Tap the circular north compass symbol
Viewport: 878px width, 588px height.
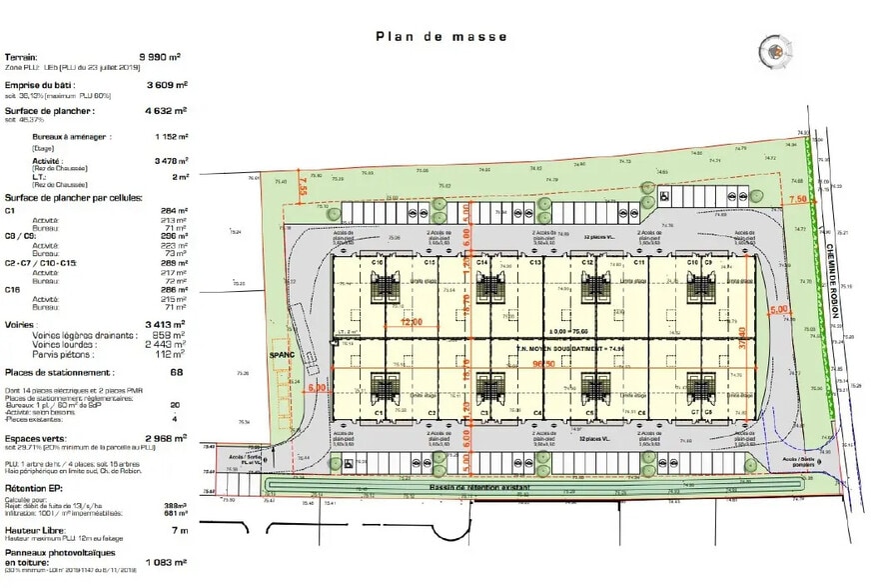pos(772,49)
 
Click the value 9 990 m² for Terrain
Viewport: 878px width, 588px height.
pos(165,58)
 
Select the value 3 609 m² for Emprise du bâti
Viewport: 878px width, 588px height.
pos(167,86)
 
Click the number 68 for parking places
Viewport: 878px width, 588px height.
pos(176,373)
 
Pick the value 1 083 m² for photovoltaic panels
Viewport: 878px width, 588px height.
pos(166,563)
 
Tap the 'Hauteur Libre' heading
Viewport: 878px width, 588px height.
pos(35,530)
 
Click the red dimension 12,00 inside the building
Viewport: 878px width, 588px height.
pos(414,322)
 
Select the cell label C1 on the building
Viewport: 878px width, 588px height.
pos(379,412)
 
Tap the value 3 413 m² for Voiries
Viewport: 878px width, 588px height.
pos(166,324)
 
